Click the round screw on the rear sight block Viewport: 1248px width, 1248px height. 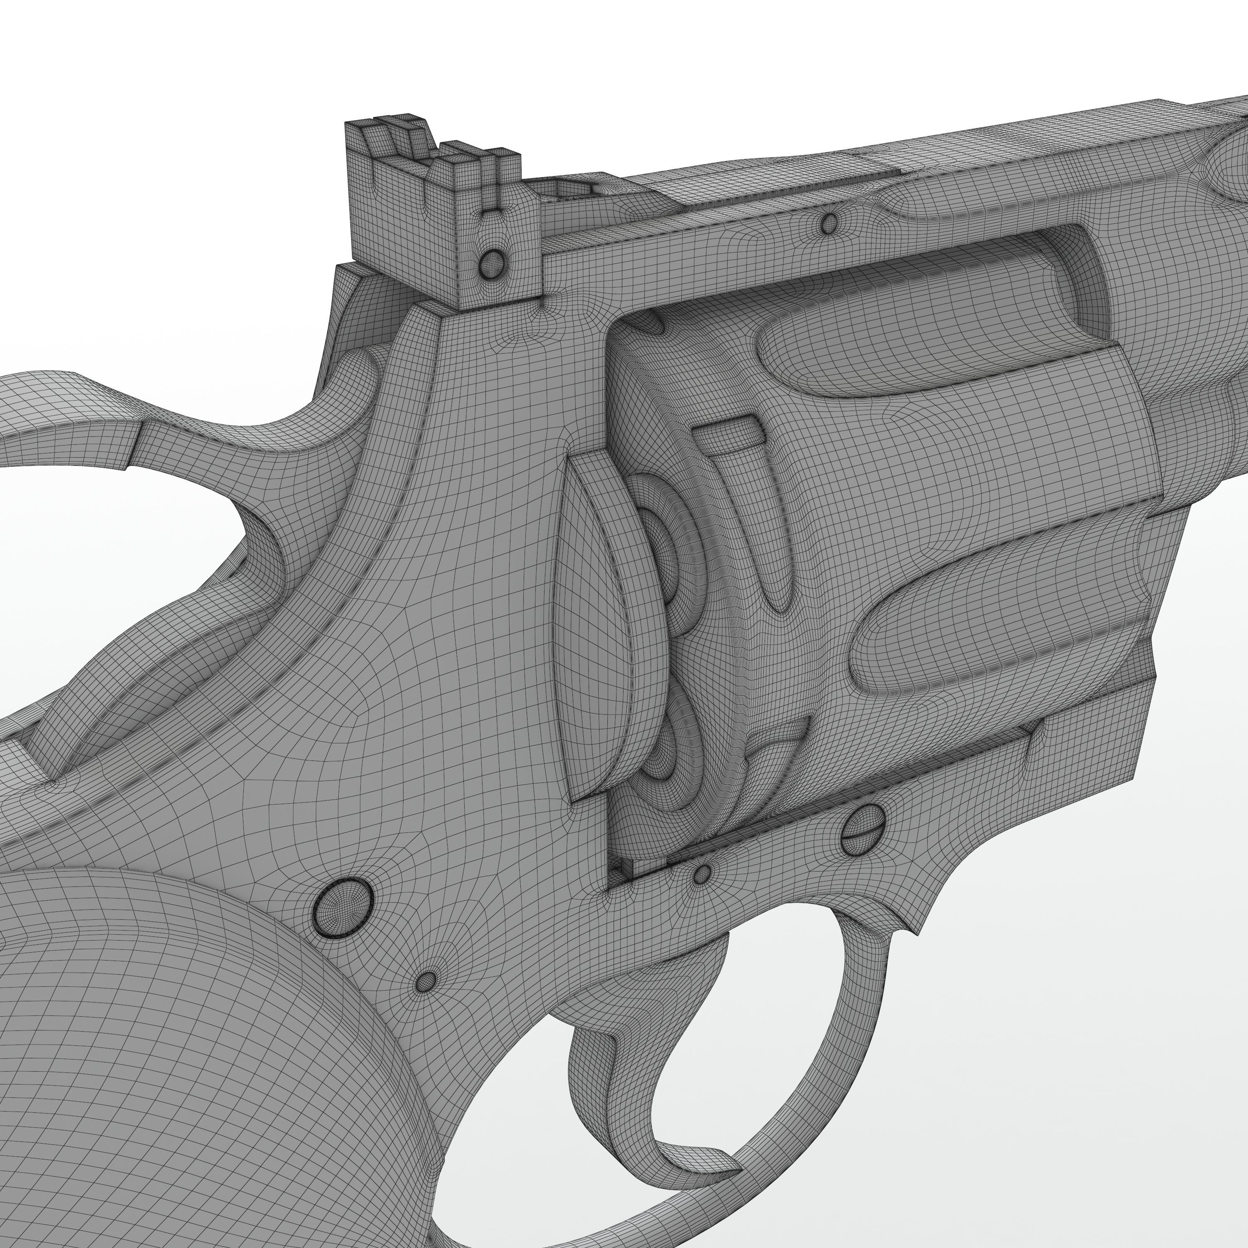click(x=492, y=262)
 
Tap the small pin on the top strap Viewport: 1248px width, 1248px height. click(x=830, y=223)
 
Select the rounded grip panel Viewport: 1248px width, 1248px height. click(x=161, y=1066)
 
